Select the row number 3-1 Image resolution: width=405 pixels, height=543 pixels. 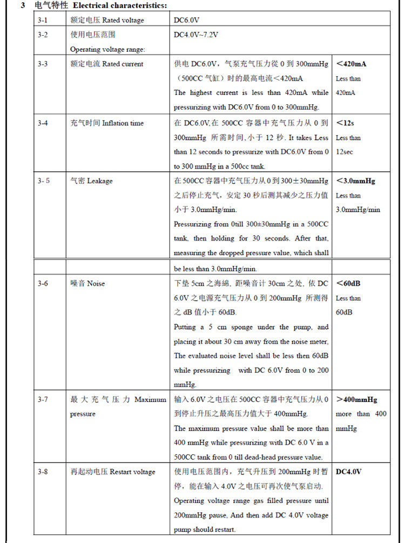click(43, 20)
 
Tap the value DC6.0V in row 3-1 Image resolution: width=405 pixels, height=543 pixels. click(187, 20)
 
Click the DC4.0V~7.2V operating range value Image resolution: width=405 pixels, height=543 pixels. click(196, 35)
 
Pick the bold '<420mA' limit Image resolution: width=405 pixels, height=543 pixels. click(351, 64)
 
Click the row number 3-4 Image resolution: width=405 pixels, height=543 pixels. click(43, 123)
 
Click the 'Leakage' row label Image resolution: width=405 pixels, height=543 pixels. click(100, 181)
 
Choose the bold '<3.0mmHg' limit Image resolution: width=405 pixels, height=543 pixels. click(355, 181)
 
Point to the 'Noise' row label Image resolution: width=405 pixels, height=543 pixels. click(96, 283)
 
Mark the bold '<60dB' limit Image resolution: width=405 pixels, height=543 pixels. click(348, 283)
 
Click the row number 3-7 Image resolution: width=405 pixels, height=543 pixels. click(43, 400)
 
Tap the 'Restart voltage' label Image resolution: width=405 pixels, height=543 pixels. click(132, 472)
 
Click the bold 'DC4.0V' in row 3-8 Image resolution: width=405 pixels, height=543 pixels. click(349, 472)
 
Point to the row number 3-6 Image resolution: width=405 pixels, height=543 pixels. click(43, 283)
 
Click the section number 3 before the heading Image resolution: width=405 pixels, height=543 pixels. click(22, 5)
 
